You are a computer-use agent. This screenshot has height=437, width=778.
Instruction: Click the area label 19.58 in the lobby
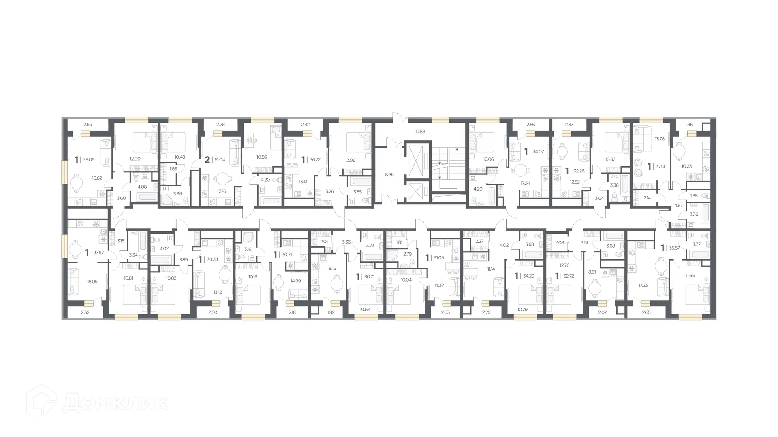[420, 132]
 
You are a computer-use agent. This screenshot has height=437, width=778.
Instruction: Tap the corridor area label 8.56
[389, 175]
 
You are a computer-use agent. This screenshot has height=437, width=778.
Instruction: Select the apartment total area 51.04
[220, 160]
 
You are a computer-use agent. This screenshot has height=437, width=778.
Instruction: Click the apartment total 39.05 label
[88, 160]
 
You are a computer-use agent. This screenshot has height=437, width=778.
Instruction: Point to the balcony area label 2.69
[88, 125]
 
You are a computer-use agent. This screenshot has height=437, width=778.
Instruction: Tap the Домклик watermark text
[115, 403]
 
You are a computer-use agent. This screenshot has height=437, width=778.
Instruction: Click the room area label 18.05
[92, 282]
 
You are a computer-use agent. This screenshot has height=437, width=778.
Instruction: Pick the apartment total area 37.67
[98, 252]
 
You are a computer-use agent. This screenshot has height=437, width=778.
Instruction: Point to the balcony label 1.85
[688, 125]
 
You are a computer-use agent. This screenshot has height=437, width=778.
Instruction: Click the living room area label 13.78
[659, 139]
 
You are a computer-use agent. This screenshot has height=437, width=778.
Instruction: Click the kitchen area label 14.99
[295, 281]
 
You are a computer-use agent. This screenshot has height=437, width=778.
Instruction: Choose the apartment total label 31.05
[438, 258]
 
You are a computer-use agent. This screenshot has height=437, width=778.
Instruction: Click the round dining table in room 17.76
[222, 178]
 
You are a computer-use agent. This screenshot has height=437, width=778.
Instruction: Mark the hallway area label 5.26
[329, 191]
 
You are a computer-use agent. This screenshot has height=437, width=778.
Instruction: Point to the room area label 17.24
[525, 183]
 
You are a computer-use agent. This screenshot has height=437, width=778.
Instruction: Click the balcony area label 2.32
[85, 312]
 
